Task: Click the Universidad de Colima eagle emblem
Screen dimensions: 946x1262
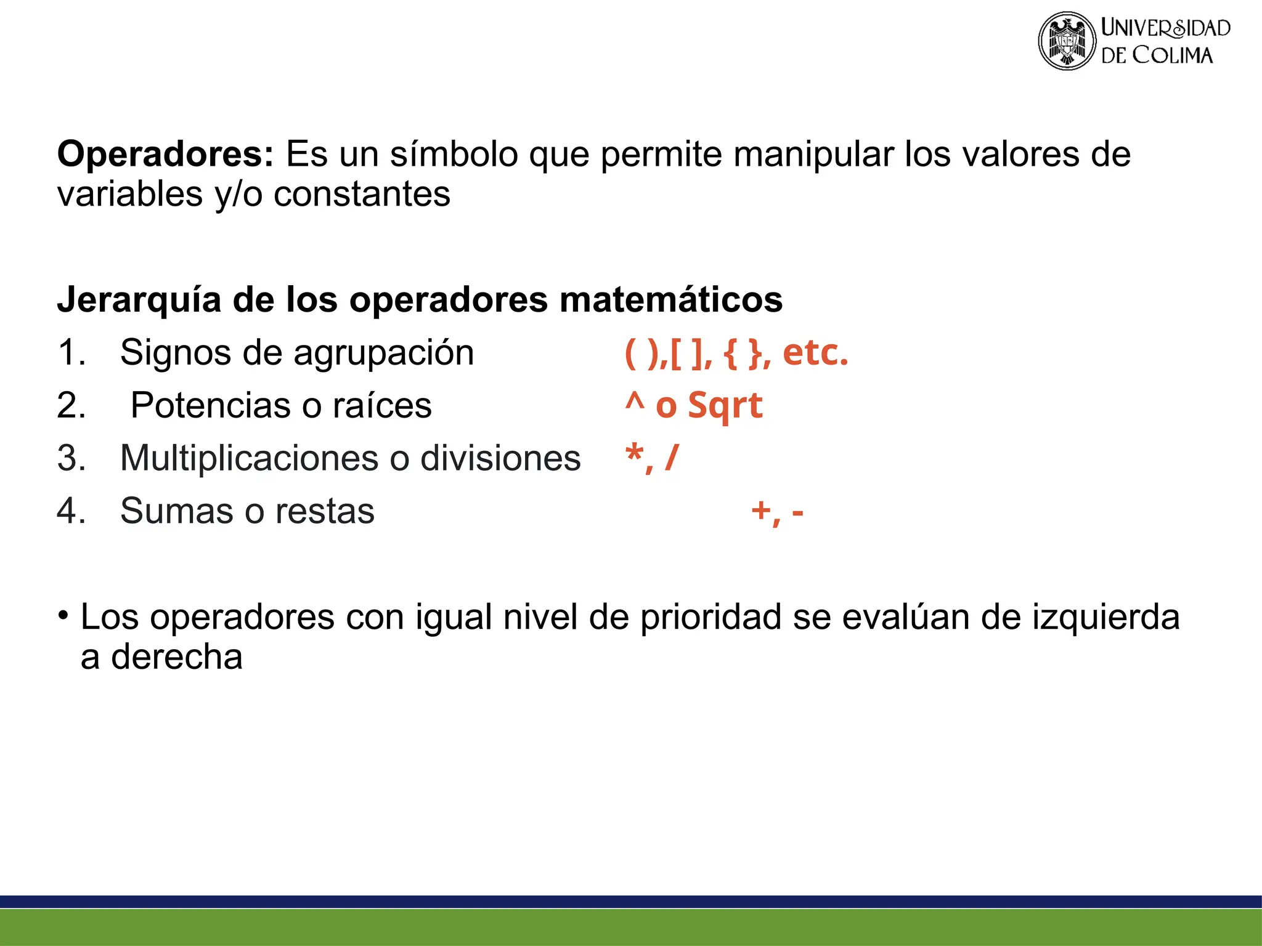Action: [x=1067, y=41]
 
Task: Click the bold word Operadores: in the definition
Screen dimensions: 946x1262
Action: [x=165, y=154]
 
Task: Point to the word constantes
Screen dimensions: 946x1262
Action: [x=362, y=195]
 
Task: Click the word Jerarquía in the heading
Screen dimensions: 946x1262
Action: [x=139, y=300]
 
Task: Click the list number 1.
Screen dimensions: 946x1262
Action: [x=71, y=353]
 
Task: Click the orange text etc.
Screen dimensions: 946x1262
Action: [x=815, y=353]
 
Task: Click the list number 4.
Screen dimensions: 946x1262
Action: [x=71, y=511]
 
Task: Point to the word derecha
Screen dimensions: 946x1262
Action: [x=177, y=657]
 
